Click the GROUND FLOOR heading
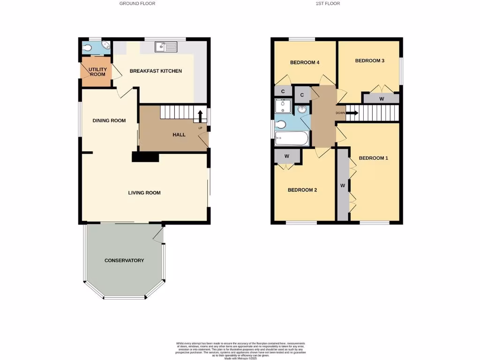pyautogui.click(x=137, y=3)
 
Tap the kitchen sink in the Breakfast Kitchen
pyautogui.click(x=165, y=46)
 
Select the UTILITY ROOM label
pyautogui.click(x=98, y=72)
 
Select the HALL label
pyautogui.click(x=179, y=135)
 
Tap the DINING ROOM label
pyautogui.click(x=109, y=120)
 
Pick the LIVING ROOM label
pyautogui.click(x=144, y=193)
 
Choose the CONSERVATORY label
pyautogui.click(x=124, y=261)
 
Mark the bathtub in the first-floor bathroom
pyautogui.click(x=292, y=138)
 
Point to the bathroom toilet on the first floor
pyautogui.click(x=280, y=125)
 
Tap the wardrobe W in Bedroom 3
pyautogui.click(x=382, y=99)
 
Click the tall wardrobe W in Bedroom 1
pyautogui.click(x=343, y=186)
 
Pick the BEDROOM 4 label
pyautogui.click(x=305, y=62)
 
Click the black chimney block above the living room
pyautogui.click(x=146, y=157)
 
